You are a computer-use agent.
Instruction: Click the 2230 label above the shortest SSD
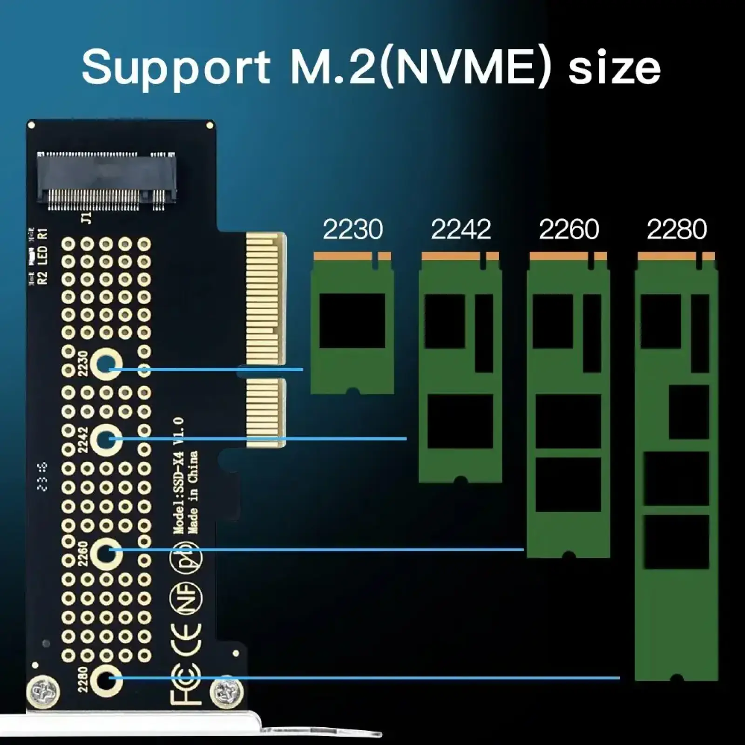(x=352, y=230)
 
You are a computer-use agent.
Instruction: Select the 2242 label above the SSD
(x=461, y=230)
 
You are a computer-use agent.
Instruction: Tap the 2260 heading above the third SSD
(x=569, y=230)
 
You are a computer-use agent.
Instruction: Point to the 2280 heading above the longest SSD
(x=677, y=230)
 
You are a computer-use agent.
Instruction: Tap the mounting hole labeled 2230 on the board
(x=106, y=364)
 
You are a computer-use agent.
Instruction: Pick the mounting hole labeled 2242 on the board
(x=106, y=439)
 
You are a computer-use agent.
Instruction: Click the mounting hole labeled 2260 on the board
(x=106, y=552)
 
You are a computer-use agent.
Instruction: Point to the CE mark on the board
(x=186, y=638)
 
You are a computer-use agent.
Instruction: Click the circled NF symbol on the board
(x=186, y=597)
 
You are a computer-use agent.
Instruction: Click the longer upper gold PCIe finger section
(x=265, y=298)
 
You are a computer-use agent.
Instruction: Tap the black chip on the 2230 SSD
(x=352, y=320)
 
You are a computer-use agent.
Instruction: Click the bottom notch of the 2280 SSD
(x=677, y=678)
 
